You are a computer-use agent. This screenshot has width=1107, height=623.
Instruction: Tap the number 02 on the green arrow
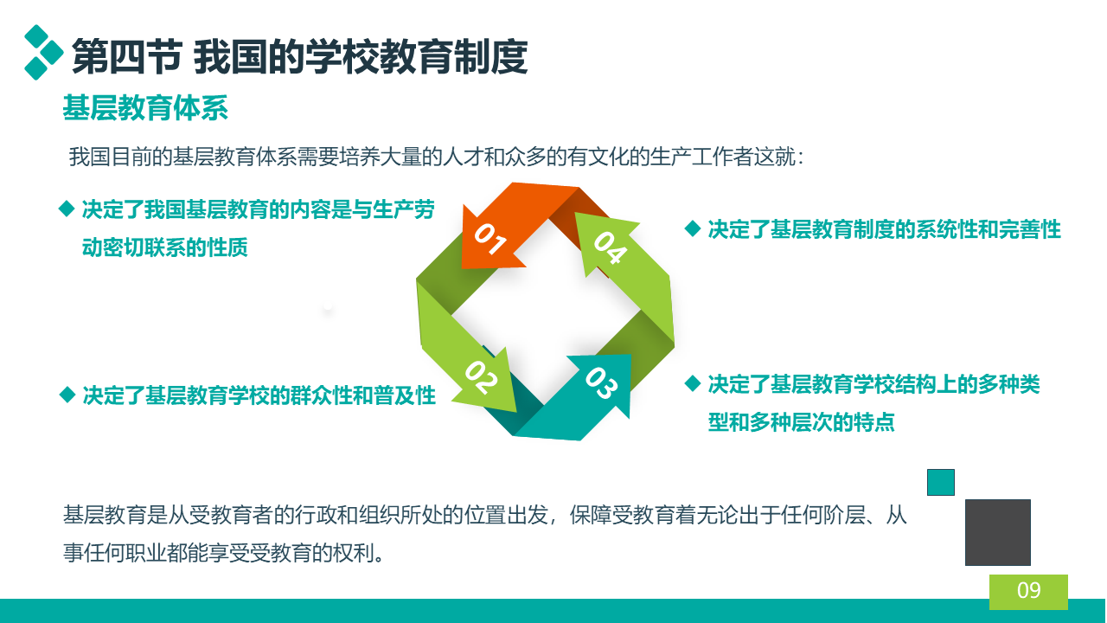tap(482, 378)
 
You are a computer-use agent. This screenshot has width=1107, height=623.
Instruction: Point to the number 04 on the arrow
tap(611, 247)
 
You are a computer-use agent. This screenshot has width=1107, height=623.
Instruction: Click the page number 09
tap(1029, 590)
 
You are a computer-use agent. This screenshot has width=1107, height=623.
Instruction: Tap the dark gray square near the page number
tap(998, 532)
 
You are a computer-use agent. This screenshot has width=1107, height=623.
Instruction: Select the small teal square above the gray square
tap(940, 482)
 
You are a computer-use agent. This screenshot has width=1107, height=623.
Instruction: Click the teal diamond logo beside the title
tap(43, 53)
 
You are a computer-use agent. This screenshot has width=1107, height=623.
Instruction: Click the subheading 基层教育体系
tap(145, 108)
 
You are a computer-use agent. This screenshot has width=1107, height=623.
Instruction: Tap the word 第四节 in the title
tap(127, 57)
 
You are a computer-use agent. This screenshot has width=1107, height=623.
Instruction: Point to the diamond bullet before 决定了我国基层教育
tap(67, 209)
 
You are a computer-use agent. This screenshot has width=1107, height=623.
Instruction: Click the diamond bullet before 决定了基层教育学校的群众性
tap(67, 395)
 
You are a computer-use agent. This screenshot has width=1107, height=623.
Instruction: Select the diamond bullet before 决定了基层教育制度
tap(693, 228)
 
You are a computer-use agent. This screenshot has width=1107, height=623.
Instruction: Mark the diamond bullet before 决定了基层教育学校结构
tap(693, 383)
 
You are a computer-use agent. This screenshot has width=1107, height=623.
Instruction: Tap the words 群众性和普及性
tap(363, 395)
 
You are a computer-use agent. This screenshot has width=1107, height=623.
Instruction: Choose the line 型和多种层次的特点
tap(801, 421)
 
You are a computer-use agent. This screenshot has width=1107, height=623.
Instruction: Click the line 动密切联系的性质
tap(164, 247)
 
